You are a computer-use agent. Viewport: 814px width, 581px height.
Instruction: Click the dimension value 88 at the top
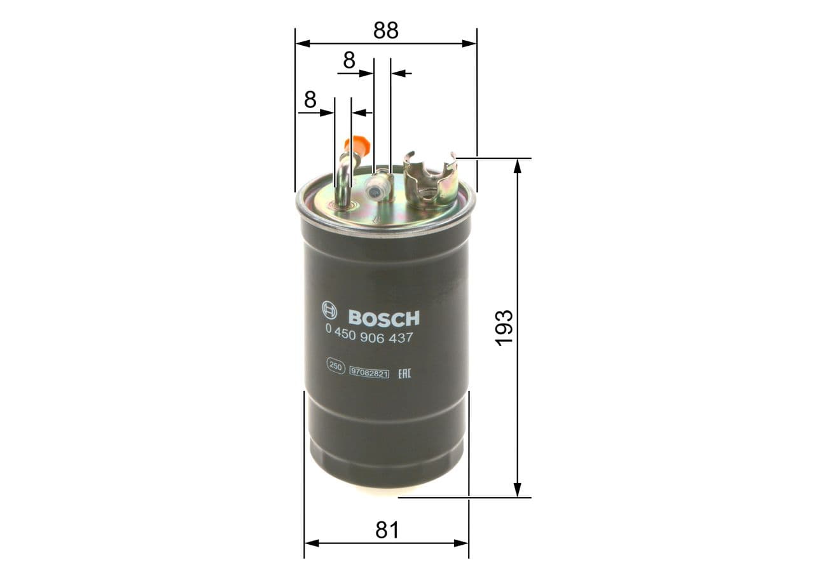tap(386, 30)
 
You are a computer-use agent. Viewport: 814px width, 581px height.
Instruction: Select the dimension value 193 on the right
tap(504, 327)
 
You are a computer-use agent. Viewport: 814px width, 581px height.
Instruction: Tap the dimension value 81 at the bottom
tap(387, 530)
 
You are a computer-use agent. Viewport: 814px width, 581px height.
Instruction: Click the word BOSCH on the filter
tap(384, 318)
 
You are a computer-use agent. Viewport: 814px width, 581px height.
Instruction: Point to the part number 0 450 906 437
tap(369, 338)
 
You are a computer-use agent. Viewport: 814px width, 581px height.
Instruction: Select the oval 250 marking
tap(335, 366)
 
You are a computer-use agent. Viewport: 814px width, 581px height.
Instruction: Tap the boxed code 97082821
tap(369, 373)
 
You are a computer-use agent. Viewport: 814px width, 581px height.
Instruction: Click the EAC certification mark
tap(404, 373)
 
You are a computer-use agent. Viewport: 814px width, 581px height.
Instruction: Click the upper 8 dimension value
tap(349, 60)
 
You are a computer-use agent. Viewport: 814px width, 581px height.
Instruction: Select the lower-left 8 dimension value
tap(310, 100)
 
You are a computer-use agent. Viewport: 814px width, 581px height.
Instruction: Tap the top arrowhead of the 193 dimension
tap(518, 165)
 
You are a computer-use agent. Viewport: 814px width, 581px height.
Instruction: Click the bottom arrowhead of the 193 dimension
tap(518, 489)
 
